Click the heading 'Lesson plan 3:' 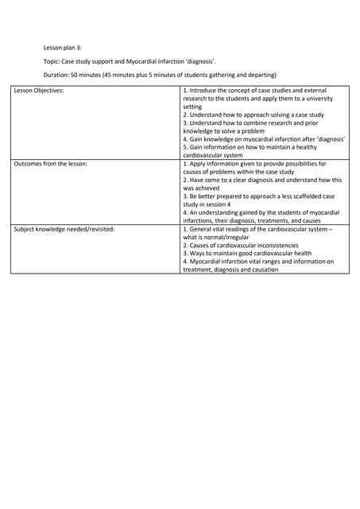click(62, 48)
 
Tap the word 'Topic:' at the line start click(52, 61)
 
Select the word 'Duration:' click(56, 75)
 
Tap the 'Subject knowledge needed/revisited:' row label click(64, 228)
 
